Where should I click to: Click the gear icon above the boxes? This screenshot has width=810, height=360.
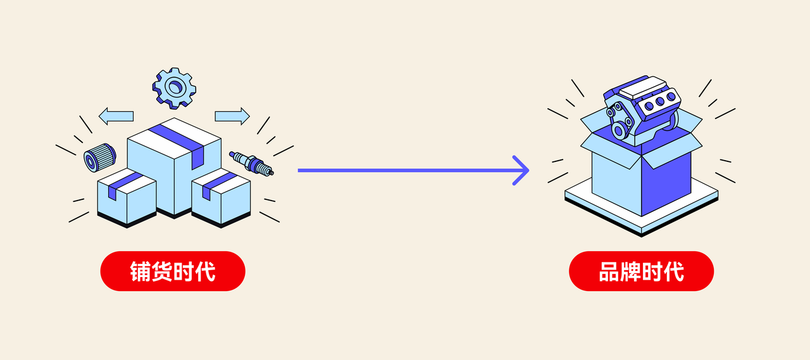174,87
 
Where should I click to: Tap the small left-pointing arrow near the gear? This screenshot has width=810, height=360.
116,116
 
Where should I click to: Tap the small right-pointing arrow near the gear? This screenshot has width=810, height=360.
232,116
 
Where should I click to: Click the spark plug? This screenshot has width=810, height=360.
251,163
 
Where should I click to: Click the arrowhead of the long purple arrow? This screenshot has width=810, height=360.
522,170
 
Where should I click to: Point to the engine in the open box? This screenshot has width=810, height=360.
642,104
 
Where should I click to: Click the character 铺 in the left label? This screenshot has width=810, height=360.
140,271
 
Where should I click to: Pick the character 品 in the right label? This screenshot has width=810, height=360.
609,271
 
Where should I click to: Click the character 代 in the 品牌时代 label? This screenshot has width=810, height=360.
674,271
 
